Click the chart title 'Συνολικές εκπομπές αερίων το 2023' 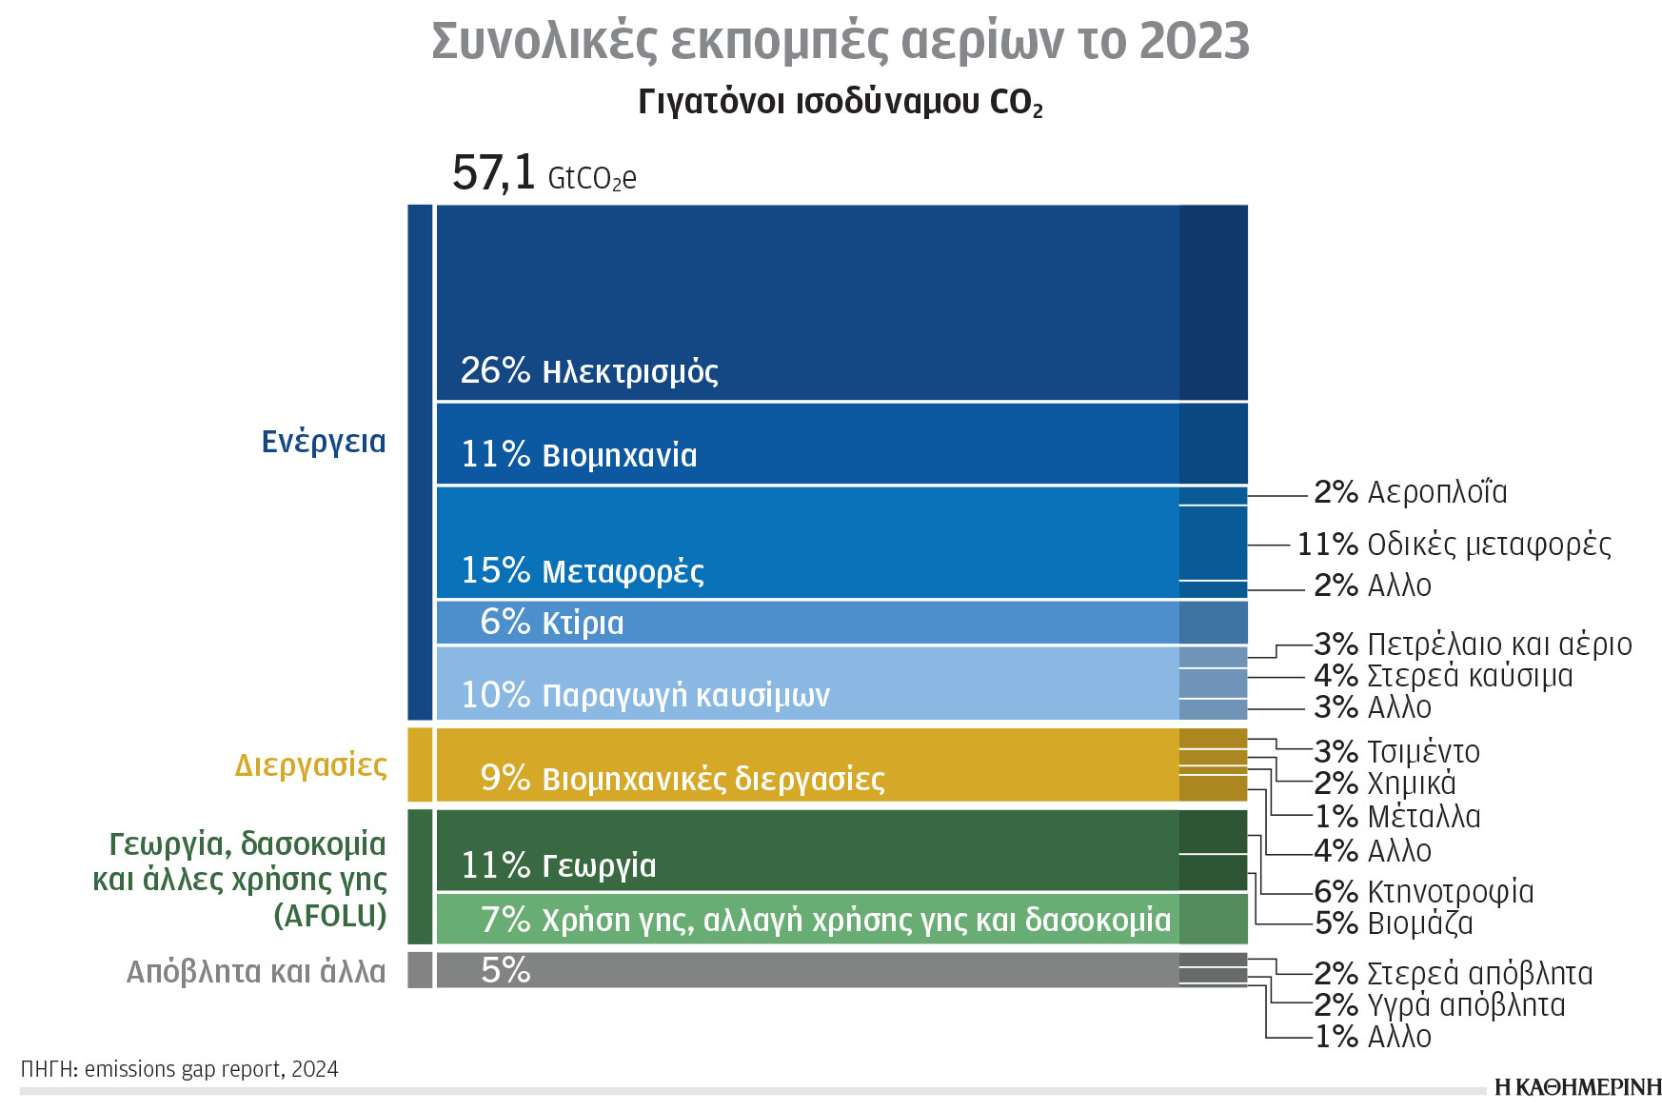(840, 41)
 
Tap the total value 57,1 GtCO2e (544, 174)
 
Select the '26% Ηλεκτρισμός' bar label (589, 370)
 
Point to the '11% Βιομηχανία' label (579, 454)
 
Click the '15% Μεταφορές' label (583, 570)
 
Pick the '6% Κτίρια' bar (552, 622)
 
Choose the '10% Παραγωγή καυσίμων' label (645, 694)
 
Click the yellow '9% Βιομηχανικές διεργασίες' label (683, 778)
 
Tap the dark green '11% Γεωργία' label (559, 864)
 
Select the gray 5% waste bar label (505, 970)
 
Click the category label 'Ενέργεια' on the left (324, 441)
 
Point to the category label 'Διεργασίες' (310, 764)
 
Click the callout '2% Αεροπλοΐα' (1410, 492)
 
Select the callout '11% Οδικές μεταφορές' (1454, 545)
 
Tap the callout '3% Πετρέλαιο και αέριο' (1473, 645)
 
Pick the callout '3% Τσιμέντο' (1396, 751)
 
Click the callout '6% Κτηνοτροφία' (1423, 891)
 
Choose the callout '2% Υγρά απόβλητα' (1439, 1004)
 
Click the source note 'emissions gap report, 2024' (211, 1069)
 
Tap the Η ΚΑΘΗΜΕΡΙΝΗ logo (1577, 1087)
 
